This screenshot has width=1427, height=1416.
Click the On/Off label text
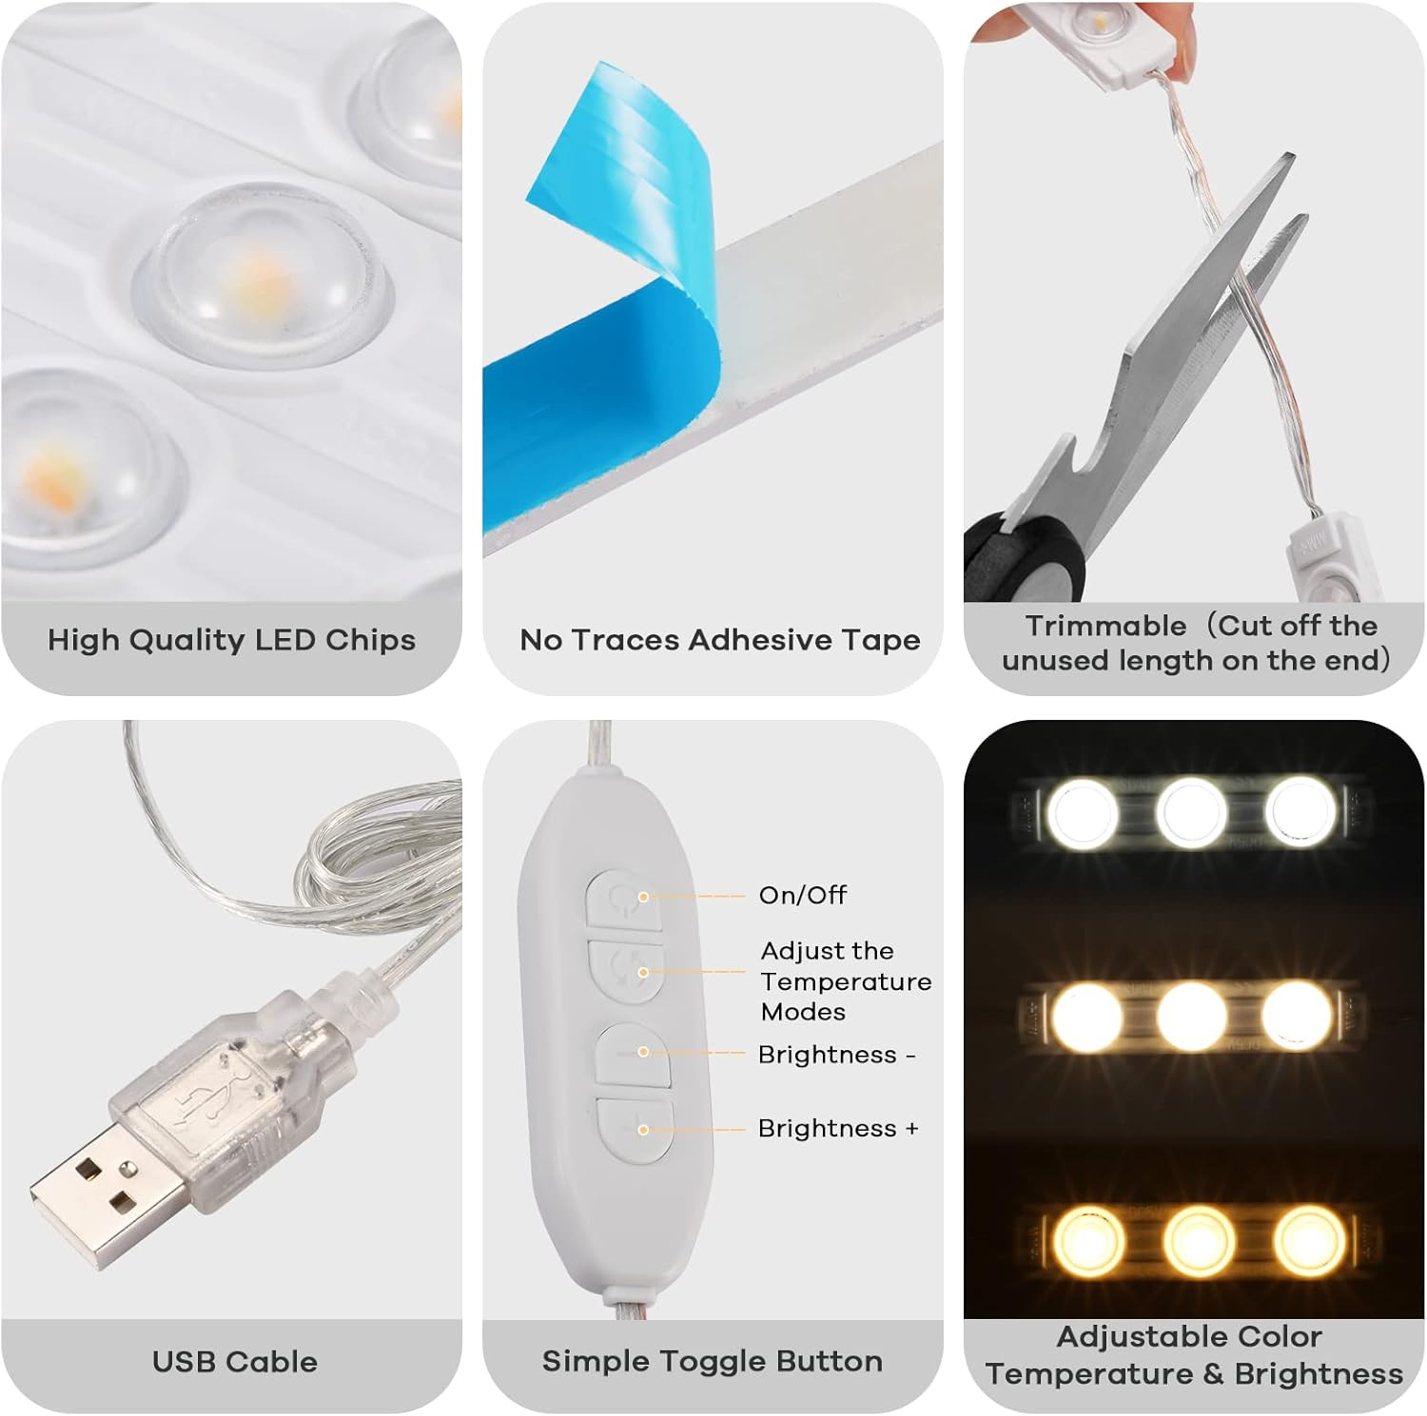point(802,895)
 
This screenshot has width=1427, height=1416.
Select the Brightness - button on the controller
point(633,1053)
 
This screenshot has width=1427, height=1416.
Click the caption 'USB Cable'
point(234,1361)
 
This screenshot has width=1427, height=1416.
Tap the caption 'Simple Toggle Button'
point(712,1361)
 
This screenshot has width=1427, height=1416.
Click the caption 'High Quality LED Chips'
point(231,640)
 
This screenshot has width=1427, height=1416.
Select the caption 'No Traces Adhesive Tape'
point(719,640)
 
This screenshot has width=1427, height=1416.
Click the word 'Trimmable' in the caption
point(1105,626)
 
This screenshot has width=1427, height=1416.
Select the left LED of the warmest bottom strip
point(1088,1238)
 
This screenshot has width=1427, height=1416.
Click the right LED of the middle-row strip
point(1296,1015)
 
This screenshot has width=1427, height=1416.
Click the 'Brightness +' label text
point(838,1129)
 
